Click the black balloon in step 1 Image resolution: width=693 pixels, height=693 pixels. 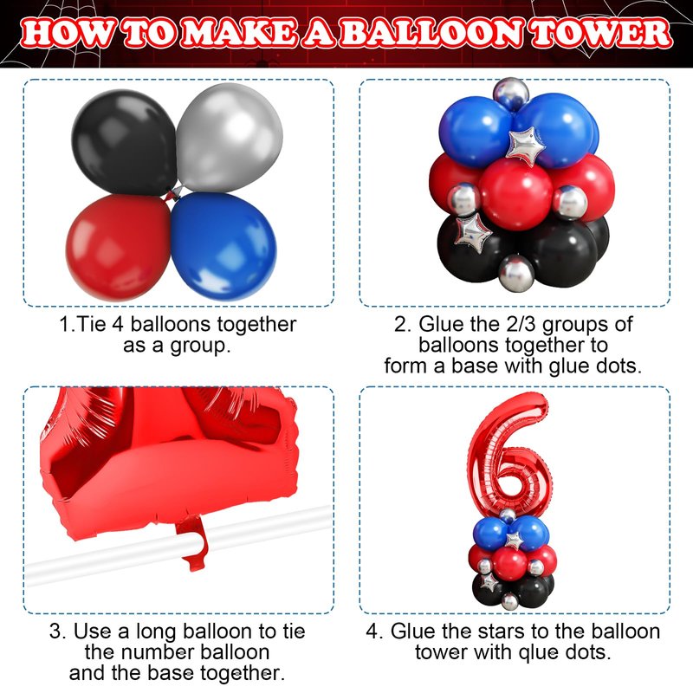(125, 142)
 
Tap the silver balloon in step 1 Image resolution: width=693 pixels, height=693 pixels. (230, 137)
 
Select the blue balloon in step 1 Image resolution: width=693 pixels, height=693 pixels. (223, 240)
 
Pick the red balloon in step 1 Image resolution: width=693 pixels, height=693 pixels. (119, 248)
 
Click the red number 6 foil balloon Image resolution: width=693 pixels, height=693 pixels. (508, 456)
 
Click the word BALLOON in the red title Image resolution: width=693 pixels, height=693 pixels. (434, 34)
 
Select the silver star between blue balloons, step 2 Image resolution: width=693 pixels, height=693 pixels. (526, 146)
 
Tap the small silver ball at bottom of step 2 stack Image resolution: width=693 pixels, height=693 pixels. (516, 274)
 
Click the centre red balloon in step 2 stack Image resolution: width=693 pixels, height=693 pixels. (515, 194)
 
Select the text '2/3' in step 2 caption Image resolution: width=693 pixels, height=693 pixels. (521, 324)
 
